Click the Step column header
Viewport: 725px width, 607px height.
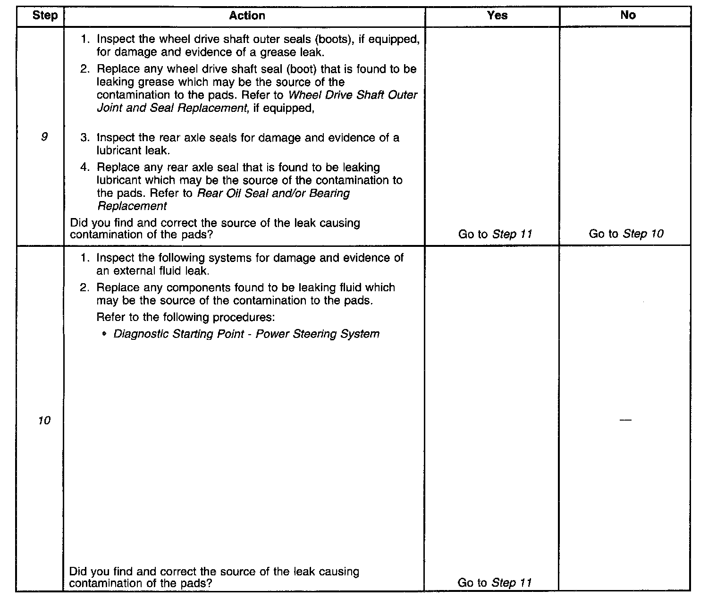click(45, 16)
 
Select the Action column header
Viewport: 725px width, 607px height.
click(247, 16)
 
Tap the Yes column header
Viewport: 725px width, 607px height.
click(497, 16)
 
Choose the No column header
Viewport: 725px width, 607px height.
click(628, 16)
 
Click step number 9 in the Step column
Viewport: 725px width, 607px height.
click(44, 137)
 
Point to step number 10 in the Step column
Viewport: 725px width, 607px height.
click(44, 421)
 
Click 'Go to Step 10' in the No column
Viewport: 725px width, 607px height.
click(626, 234)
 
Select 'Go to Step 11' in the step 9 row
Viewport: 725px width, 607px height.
click(495, 234)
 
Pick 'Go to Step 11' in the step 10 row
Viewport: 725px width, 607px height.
click(494, 583)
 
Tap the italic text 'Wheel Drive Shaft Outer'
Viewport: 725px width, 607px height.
click(353, 95)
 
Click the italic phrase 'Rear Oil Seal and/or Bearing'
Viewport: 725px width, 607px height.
click(273, 194)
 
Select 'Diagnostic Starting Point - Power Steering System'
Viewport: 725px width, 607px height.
click(246, 334)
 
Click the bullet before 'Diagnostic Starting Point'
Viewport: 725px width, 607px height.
click(104, 335)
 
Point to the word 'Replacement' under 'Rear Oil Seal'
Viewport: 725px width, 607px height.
click(132, 206)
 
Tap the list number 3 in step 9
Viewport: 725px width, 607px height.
click(84, 138)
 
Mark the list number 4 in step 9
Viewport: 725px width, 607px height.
click(84, 168)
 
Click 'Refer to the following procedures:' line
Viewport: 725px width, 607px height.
click(185, 317)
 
